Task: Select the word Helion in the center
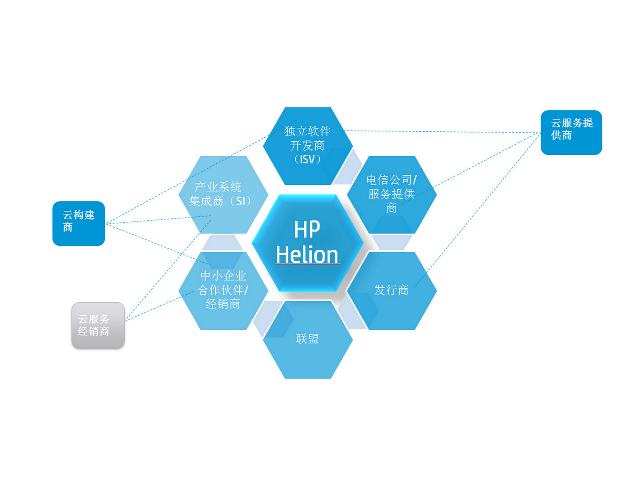pyautogui.click(x=307, y=255)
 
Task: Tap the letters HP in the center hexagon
pyautogui.click(x=307, y=229)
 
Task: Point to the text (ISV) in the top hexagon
pyautogui.click(x=307, y=159)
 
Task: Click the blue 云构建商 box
pyautogui.click(x=79, y=223)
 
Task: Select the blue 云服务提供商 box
pyautogui.click(x=571, y=132)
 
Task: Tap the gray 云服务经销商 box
pyautogui.click(x=98, y=325)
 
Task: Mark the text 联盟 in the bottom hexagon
pyautogui.click(x=307, y=339)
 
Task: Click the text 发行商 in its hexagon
pyautogui.click(x=392, y=290)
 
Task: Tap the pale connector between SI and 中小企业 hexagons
pyautogui.click(x=222, y=242)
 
